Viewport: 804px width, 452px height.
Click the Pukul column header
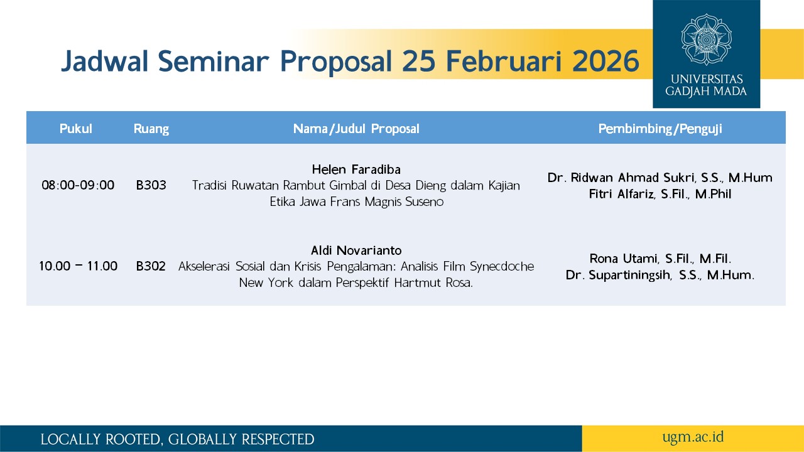coord(76,129)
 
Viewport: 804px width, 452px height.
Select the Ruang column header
coord(151,129)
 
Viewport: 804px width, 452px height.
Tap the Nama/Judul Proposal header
coord(356,129)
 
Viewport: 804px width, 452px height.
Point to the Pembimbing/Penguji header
coord(660,129)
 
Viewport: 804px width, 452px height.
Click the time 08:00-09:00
coord(78,185)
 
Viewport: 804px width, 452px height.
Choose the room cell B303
coord(151,185)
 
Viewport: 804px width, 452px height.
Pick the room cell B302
coord(151,266)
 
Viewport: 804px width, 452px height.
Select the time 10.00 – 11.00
coord(78,266)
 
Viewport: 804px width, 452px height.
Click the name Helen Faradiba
coord(356,169)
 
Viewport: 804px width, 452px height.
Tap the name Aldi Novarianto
coord(356,250)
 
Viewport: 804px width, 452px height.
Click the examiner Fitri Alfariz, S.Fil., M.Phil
coord(660,194)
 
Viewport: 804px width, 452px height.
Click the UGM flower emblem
coord(707,40)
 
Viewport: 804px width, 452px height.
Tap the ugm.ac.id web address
coord(693,438)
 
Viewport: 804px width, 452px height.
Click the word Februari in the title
coord(504,61)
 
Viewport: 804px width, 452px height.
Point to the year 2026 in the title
coord(606,61)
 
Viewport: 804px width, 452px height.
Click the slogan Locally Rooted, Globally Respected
coord(177,439)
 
